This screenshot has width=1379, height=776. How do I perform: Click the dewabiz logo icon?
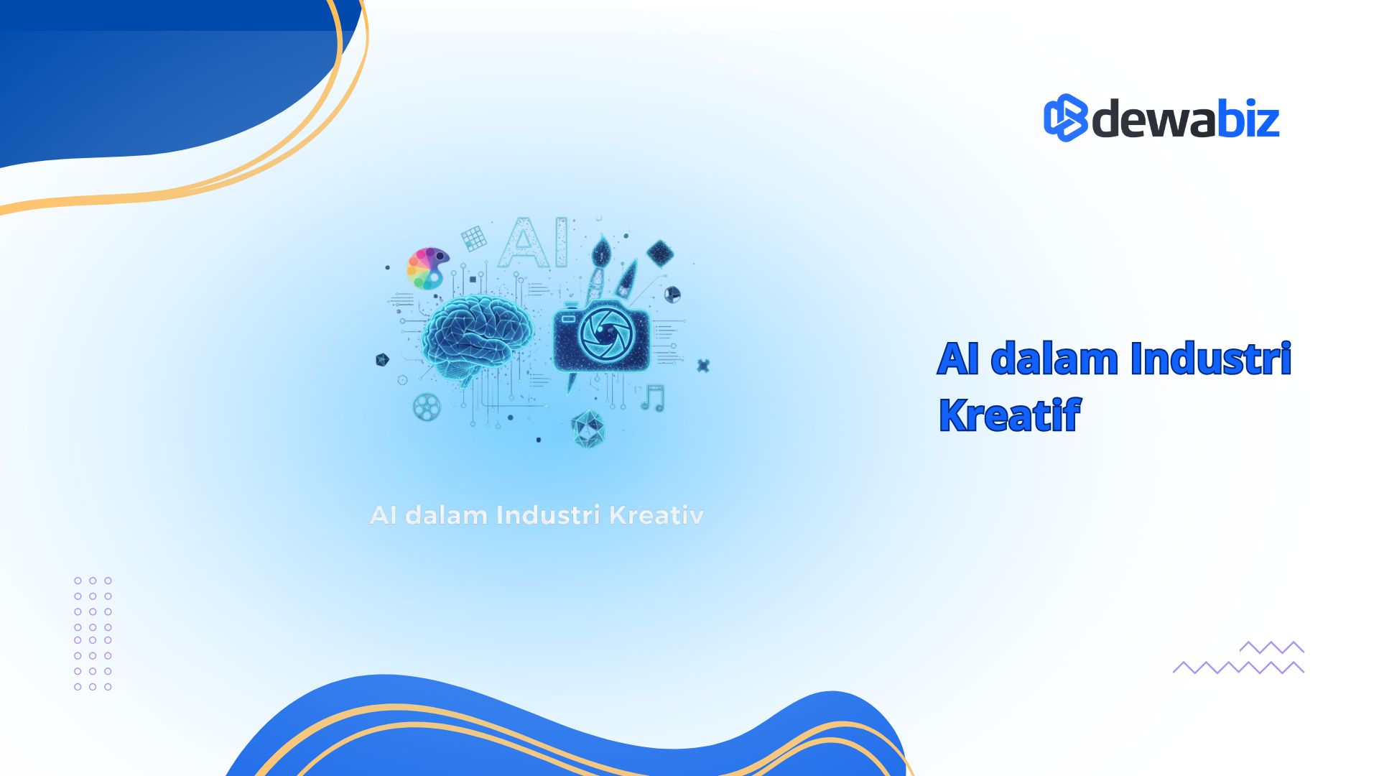(x=1066, y=118)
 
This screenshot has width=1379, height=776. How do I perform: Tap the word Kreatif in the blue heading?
(x=1009, y=415)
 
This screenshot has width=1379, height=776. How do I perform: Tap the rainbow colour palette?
(x=427, y=268)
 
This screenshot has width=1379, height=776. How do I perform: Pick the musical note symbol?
(x=653, y=398)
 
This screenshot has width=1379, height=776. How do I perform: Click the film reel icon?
(x=427, y=407)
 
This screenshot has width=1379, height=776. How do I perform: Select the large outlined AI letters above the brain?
(x=532, y=243)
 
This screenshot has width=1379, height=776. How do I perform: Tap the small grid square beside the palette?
(x=474, y=238)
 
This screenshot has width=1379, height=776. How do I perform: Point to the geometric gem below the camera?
(x=588, y=430)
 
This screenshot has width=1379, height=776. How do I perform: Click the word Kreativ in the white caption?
(x=656, y=515)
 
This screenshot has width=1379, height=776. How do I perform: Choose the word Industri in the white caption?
(x=548, y=515)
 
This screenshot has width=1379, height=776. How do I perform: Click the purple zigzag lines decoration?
(x=1238, y=657)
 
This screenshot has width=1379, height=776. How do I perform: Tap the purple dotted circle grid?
(x=93, y=634)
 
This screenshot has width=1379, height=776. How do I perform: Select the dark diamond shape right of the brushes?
(x=660, y=253)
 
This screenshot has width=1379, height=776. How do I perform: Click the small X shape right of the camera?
(x=703, y=366)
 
